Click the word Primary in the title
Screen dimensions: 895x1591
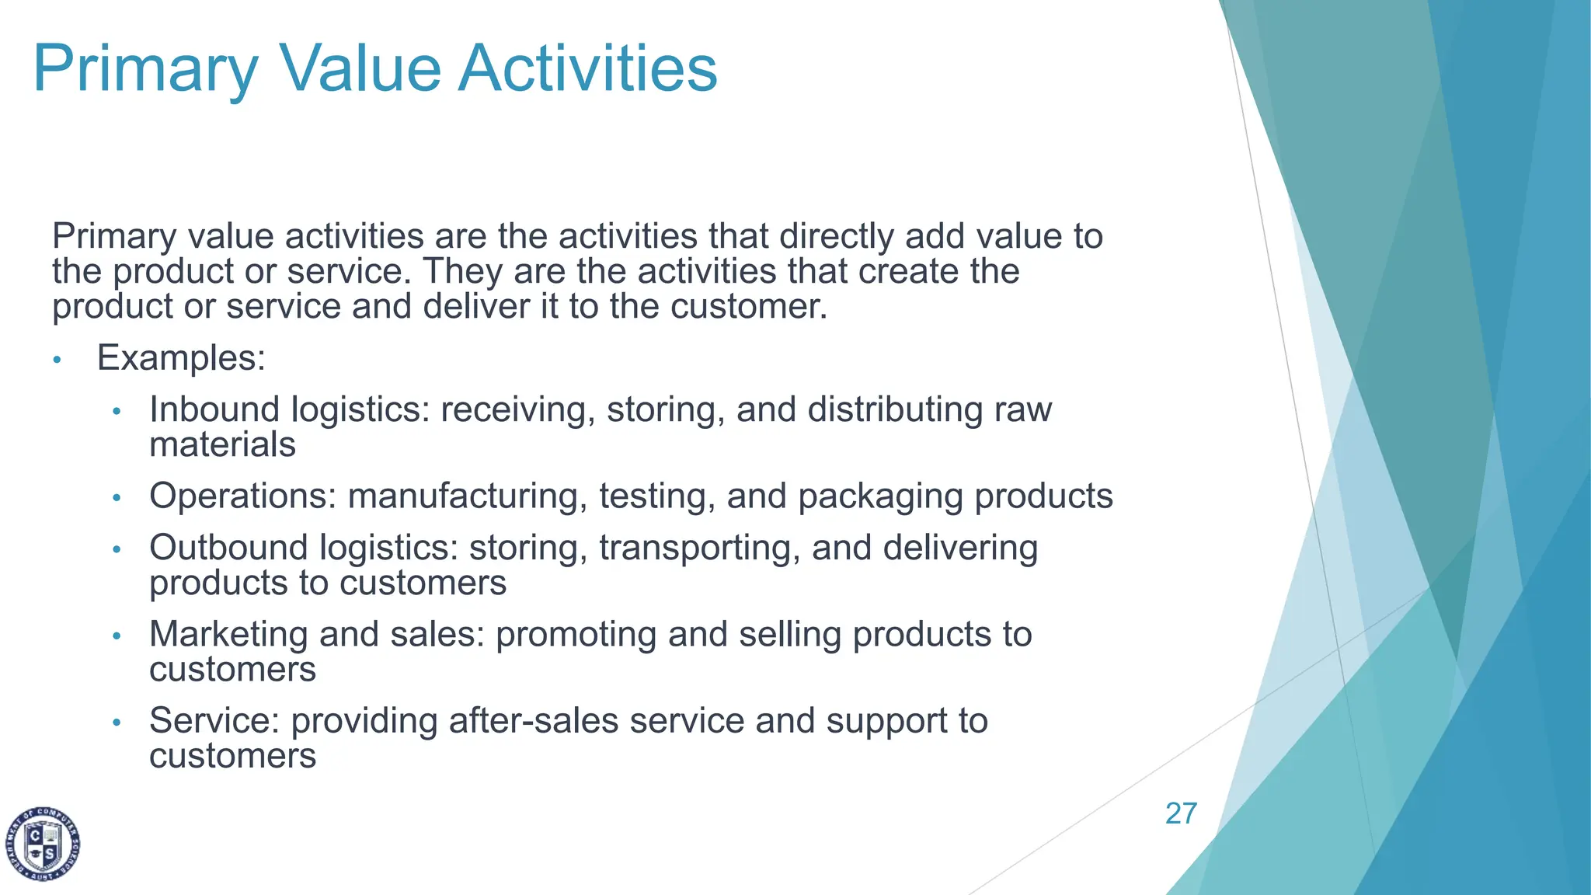pos(145,70)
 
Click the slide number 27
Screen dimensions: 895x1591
pos(1181,813)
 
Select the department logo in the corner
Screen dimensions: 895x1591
pos(44,844)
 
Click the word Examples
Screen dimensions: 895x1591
pos(181,358)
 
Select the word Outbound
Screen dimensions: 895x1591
pos(228,548)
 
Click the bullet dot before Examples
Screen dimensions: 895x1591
pos(57,360)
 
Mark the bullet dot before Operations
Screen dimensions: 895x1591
pos(117,497)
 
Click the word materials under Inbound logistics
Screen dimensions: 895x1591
pos(222,445)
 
